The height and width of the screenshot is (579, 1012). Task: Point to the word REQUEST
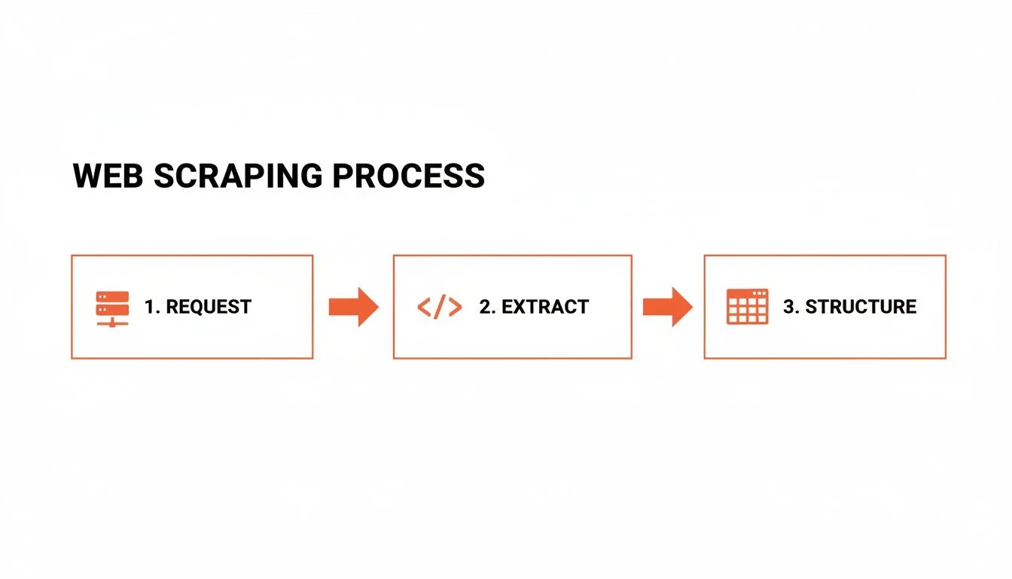(209, 307)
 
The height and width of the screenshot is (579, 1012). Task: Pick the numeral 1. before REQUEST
(151, 307)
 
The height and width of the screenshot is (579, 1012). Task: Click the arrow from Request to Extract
(353, 306)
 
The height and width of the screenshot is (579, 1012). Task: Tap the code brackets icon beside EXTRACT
(439, 307)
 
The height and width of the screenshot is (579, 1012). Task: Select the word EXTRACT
(545, 307)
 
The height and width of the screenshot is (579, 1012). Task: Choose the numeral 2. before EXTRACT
(487, 307)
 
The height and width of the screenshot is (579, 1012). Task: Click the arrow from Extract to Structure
(667, 306)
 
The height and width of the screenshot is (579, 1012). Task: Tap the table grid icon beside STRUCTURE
(747, 306)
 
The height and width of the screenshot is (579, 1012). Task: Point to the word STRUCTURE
(861, 307)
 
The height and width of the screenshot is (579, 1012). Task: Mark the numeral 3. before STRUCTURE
(791, 307)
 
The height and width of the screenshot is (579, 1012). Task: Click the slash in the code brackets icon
(439, 307)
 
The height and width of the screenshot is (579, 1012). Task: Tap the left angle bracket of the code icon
(423, 307)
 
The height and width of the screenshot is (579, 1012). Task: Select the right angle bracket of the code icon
(455, 307)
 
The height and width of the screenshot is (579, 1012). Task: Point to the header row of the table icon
(747, 293)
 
